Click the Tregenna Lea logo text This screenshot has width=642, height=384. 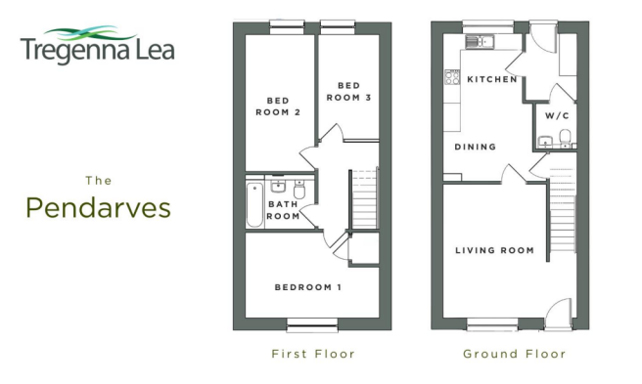point(97,49)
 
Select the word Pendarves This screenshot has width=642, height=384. point(98,207)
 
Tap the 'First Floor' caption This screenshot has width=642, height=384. point(312,353)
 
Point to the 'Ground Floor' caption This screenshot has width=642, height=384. point(514,353)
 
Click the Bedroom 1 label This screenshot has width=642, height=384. point(307,287)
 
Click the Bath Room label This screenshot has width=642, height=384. point(283,210)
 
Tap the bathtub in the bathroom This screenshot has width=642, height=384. point(254,203)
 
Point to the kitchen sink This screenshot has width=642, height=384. point(481,42)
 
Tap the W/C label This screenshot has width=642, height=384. point(557,115)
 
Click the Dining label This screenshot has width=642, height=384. point(475,148)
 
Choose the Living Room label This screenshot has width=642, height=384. point(495,250)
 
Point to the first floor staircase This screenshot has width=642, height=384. point(363,195)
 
